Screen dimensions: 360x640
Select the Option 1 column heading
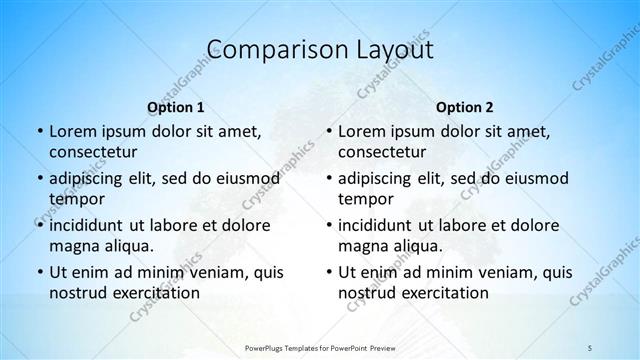point(175,106)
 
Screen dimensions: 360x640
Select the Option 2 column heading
point(465,106)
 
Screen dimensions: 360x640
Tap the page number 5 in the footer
point(590,346)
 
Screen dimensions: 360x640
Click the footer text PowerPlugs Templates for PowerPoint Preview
point(319,346)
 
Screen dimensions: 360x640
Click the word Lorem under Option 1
point(72,131)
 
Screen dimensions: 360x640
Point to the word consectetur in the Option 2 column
point(387,151)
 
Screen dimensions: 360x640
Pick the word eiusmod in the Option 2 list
point(536,179)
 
